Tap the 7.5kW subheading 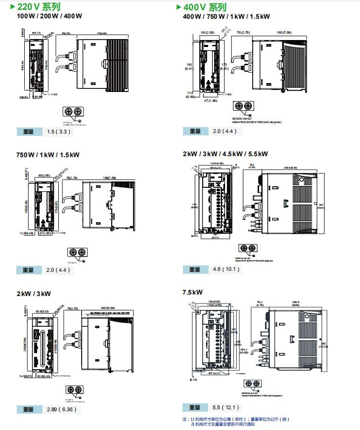(193, 292)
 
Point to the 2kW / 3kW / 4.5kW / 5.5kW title (225, 154)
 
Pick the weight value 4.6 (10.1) (226, 269)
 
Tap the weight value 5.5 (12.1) (225, 407)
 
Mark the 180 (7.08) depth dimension (286, 33)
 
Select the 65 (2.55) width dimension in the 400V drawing (206, 32)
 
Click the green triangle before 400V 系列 (179, 7)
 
